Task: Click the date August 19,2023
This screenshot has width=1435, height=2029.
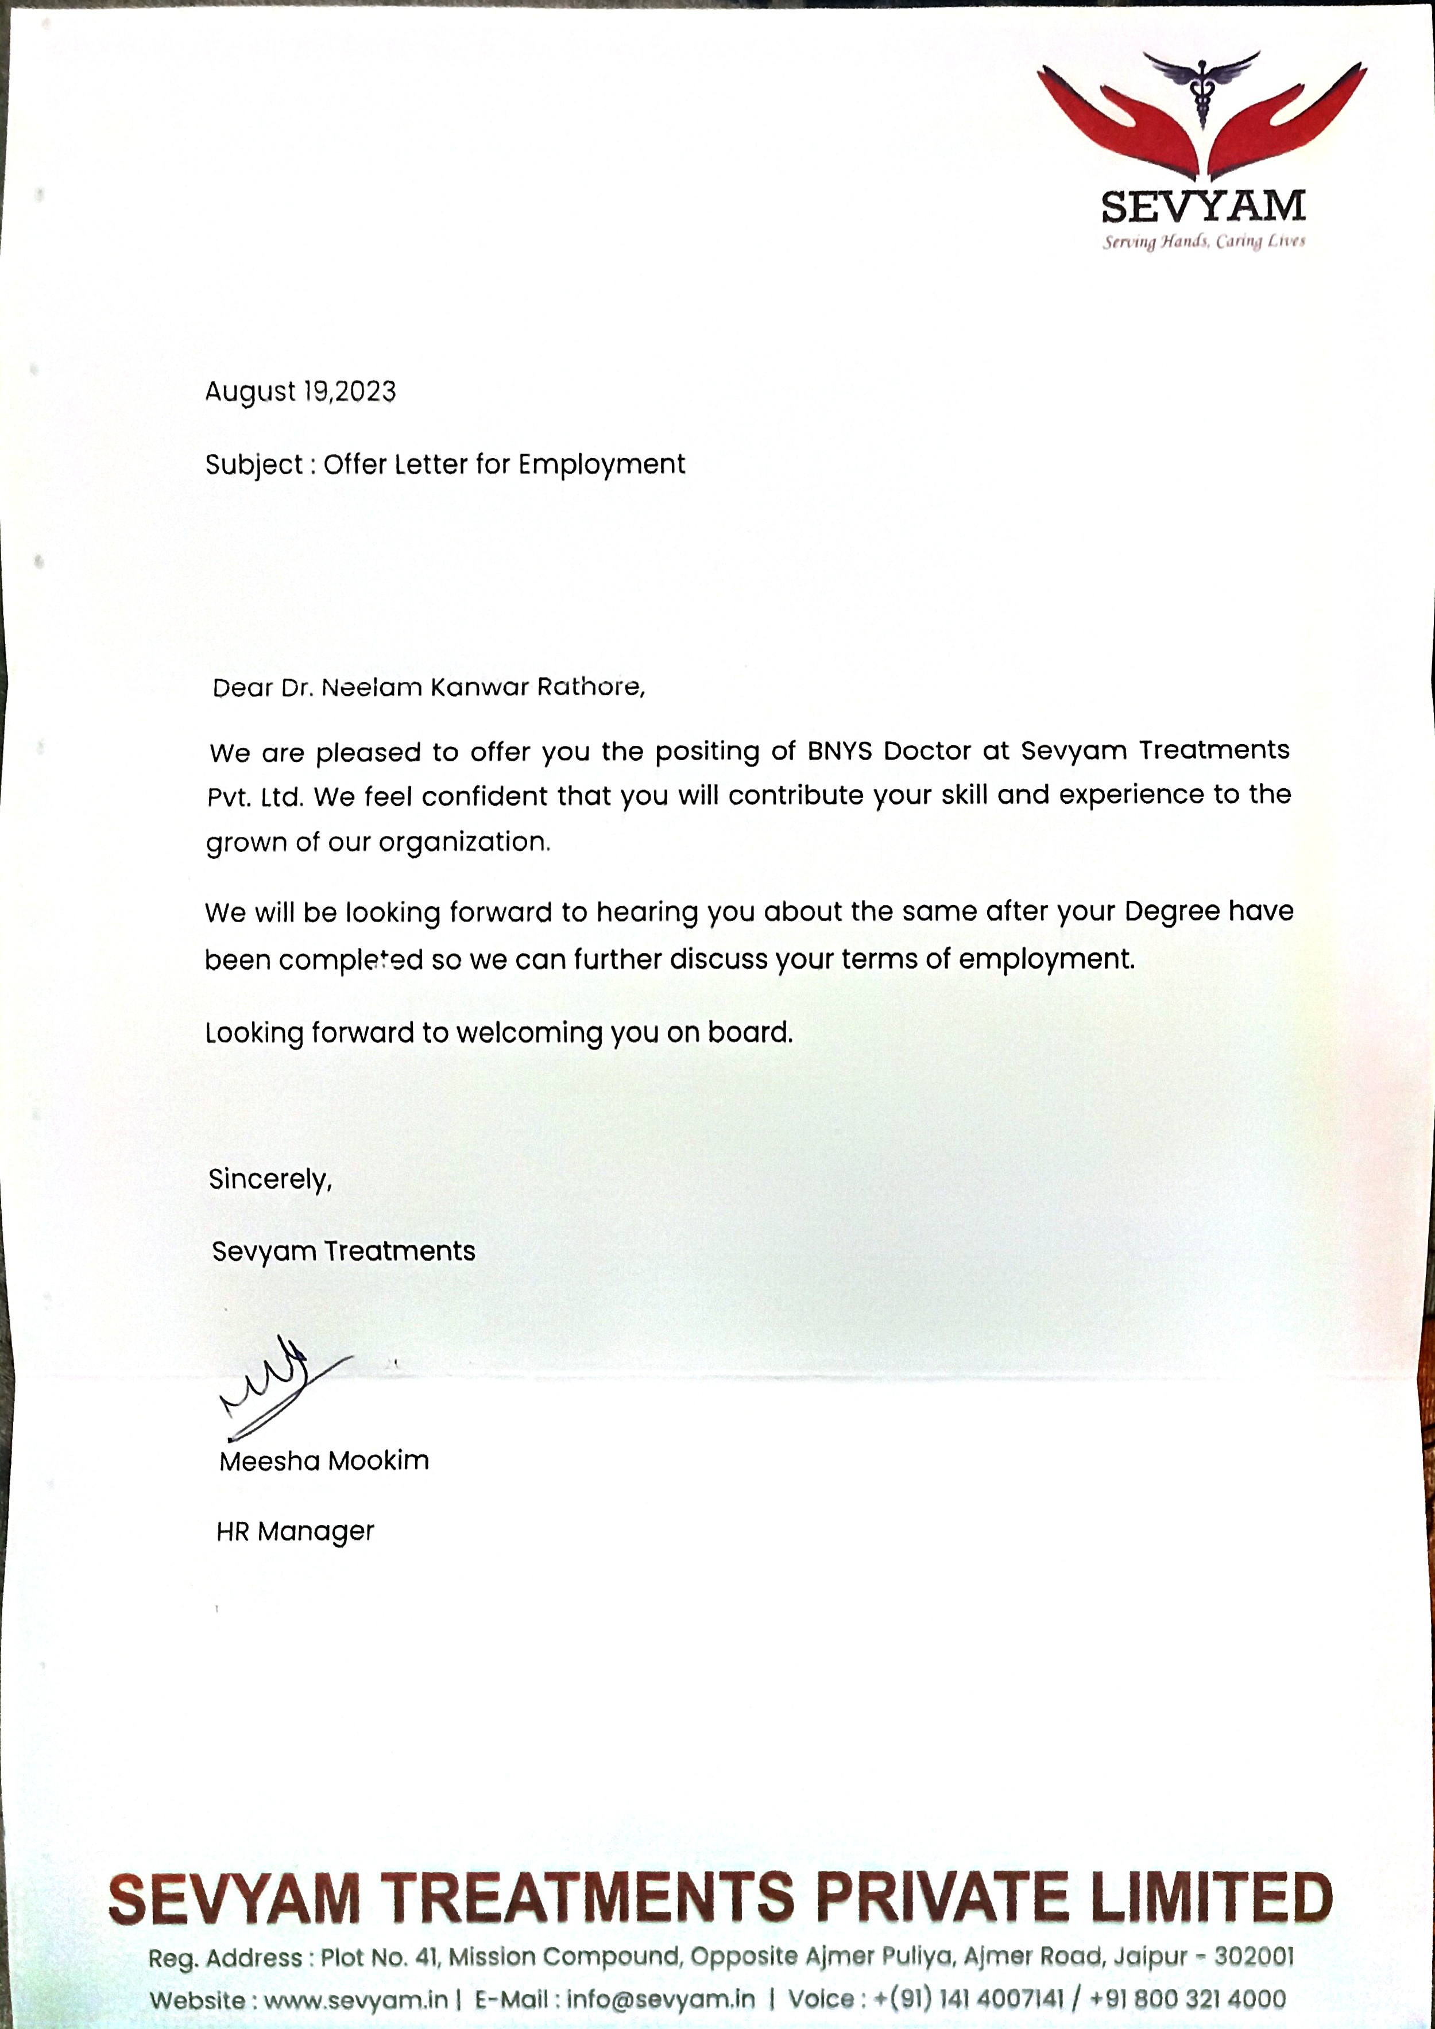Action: coord(300,392)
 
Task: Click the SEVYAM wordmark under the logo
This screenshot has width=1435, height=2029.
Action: coord(1202,207)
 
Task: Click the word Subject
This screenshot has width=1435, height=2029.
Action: coord(254,465)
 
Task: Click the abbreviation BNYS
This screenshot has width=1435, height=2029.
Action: coord(840,751)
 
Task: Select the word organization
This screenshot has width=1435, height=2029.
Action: coord(464,842)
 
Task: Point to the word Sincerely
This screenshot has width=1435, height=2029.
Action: coord(269,1180)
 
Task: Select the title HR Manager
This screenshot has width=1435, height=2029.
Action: coord(295,1531)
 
